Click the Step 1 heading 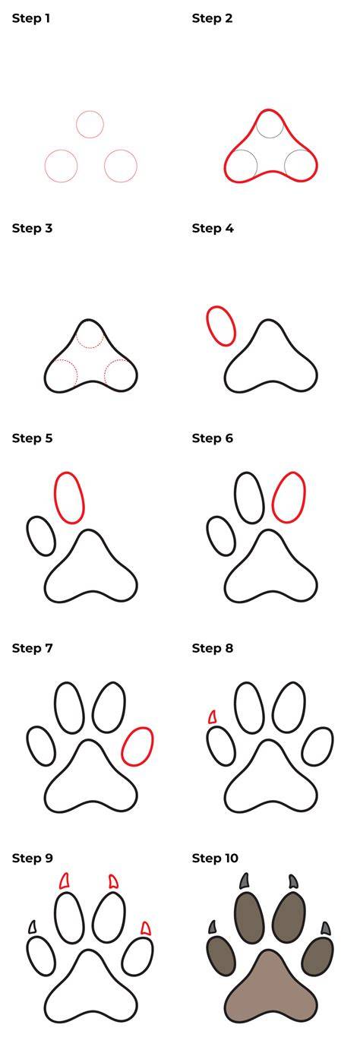(31, 18)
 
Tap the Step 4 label (213, 228)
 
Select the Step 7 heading (33, 648)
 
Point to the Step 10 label (215, 859)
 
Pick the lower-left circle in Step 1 (45, 166)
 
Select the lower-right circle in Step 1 (105, 166)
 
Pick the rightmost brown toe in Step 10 (317, 957)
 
